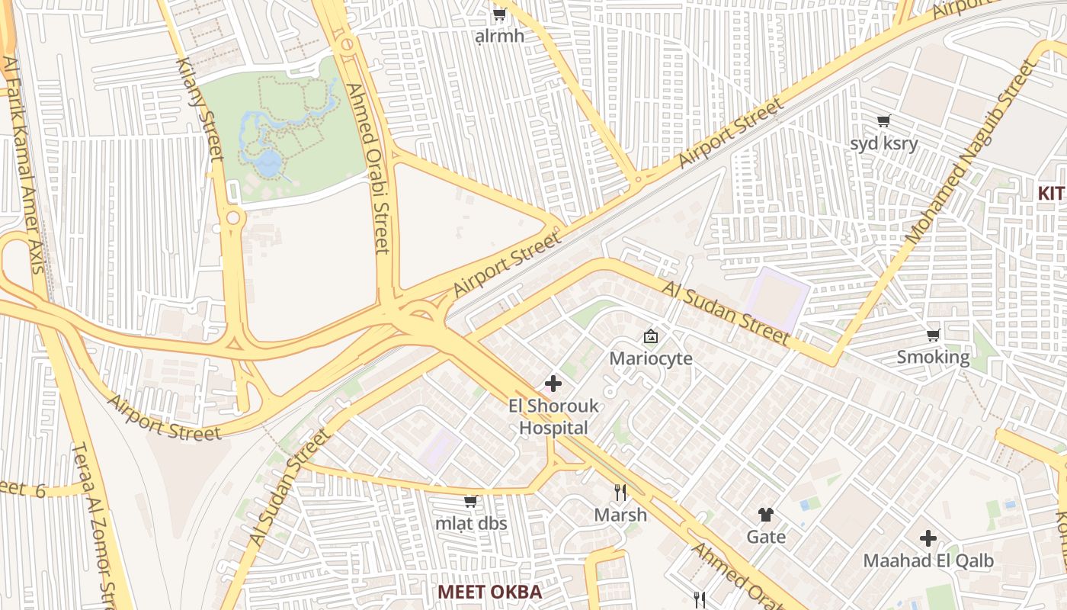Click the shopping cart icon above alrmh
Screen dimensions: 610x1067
[500, 14]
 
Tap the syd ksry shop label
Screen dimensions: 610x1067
[884, 143]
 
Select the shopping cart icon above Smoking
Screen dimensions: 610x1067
[933, 335]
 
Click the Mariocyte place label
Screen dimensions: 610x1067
[651, 358]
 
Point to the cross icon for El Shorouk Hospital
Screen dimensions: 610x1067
[553, 384]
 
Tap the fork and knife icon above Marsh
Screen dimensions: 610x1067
[620, 493]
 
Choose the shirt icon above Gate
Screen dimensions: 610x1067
[766, 515]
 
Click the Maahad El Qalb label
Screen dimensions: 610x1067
[928, 561]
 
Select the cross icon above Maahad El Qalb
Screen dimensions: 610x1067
[928, 539]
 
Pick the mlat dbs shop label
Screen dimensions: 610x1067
[471, 524]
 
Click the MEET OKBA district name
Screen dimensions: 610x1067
[489, 592]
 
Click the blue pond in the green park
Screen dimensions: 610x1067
[268, 161]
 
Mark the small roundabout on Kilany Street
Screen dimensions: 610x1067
[232, 219]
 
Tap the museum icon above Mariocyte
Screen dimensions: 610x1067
[651, 336]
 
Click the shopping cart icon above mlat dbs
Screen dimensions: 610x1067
[471, 502]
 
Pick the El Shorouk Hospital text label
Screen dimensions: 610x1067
[553, 417]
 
